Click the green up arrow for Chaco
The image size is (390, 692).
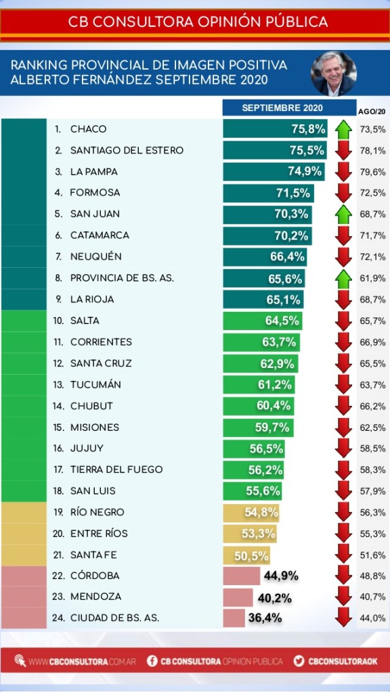click(343, 129)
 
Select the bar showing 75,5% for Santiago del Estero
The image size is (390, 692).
click(275, 150)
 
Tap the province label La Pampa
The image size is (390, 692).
click(94, 172)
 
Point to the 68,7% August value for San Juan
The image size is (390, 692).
click(373, 214)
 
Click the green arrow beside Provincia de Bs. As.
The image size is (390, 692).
click(343, 279)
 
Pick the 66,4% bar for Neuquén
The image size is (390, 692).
click(265, 257)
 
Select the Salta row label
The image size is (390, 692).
click(85, 321)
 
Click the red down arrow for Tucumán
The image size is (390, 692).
click(343, 385)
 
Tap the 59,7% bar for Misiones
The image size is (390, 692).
click(258, 428)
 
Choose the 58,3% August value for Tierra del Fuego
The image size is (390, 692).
click(373, 470)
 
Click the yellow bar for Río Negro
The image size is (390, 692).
click(251, 512)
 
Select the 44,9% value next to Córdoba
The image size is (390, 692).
click(282, 576)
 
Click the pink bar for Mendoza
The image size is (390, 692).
click(238, 597)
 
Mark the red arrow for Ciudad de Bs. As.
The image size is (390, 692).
click(343, 617)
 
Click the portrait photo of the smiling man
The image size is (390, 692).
click(334, 73)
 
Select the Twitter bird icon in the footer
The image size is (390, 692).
click(299, 661)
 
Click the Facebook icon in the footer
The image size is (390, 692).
click(152, 661)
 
